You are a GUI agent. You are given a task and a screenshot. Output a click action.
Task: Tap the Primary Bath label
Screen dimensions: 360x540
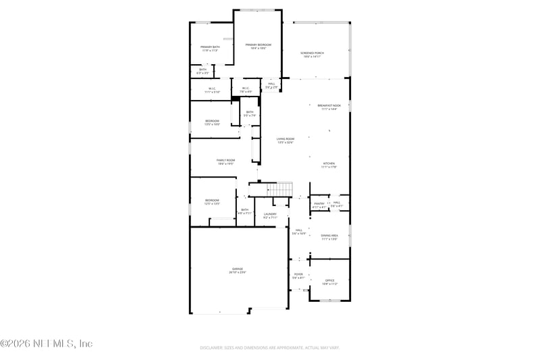point(210,48)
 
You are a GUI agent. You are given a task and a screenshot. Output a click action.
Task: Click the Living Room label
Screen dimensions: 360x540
point(286,140)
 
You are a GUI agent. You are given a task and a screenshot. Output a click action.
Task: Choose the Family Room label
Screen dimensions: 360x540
point(225,161)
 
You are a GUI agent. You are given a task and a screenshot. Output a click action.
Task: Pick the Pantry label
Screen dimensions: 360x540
point(319,204)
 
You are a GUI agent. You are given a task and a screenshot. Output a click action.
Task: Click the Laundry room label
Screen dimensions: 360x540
point(270,215)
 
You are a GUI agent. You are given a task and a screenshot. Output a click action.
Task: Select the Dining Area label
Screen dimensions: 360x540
point(329,236)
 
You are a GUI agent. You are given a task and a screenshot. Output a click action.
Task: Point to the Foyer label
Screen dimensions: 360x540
point(298,276)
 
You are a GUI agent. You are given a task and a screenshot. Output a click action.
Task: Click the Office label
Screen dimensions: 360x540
point(329,282)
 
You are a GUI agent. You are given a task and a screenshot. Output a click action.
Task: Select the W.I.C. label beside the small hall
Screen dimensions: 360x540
point(246,89)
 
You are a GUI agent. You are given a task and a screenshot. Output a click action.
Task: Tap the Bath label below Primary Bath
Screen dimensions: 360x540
point(202,70)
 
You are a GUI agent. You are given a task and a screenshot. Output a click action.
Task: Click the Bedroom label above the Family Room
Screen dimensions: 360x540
point(212,122)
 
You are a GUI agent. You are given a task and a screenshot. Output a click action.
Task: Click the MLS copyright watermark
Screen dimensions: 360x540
point(46,344)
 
